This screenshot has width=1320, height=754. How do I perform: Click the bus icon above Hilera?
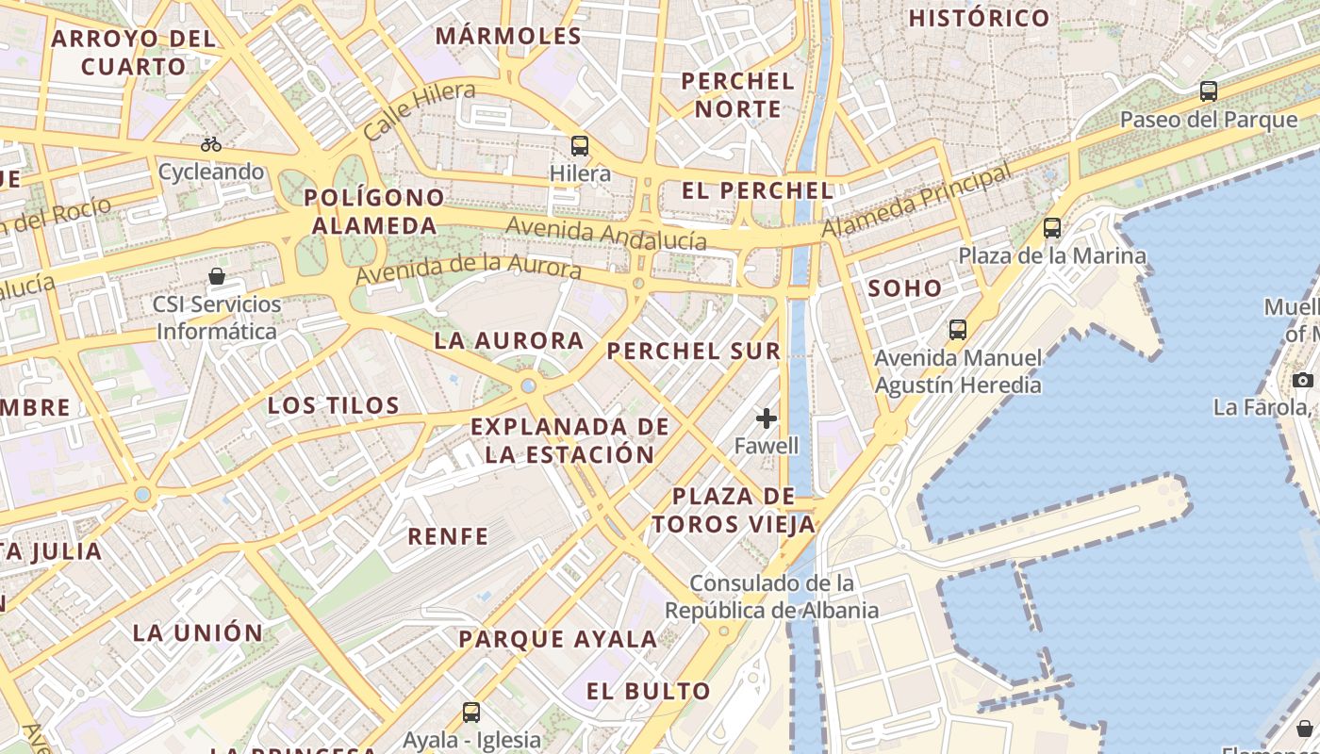click(x=580, y=146)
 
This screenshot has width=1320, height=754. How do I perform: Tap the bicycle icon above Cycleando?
click(x=211, y=144)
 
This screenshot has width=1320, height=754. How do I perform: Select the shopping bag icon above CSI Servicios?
click(x=217, y=276)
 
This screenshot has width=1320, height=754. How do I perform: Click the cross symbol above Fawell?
click(x=767, y=418)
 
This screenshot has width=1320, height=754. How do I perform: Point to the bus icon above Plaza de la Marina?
click(x=1052, y=228)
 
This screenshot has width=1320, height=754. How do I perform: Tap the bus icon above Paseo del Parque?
click(x=1209, y=91)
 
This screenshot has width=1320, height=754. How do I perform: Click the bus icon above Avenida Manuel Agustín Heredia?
click(x=958, y=330)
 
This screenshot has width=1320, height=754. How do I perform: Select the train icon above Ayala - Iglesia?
click(x=471, y=713)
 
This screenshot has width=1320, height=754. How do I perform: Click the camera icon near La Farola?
click(x=1302, y=380)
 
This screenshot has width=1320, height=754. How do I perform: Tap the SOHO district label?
click(x=904, y=288)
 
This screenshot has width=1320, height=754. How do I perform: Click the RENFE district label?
click(x=448, y=537)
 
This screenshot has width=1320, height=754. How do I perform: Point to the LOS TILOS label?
click(x=334, y=406)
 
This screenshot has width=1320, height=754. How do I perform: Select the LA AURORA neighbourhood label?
click(x=509, y=341)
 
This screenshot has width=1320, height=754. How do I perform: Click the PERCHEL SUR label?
click(x=694, y=352)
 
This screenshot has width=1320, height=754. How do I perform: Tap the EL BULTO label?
click(x=649, y=692)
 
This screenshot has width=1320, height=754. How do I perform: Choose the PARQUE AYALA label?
click(x=557, y=639)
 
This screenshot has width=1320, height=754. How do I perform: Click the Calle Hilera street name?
click(x=419, y=110)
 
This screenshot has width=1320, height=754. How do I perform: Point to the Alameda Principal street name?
click(x=916, y=200)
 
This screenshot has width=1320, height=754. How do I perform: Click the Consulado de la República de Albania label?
click(x=772, y=597)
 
